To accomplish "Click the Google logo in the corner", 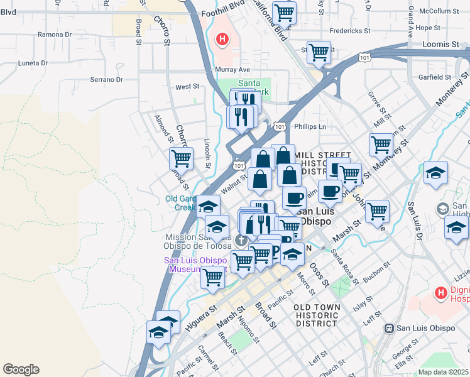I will [21, 369].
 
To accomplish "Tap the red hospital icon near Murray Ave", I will [221, 40].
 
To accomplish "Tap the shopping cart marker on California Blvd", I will [284, 13].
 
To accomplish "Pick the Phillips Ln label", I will [314, 126].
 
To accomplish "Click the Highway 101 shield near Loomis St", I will [364, 57].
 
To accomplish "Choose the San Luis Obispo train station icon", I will [390, 328].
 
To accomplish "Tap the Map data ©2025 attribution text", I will [444, 372].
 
